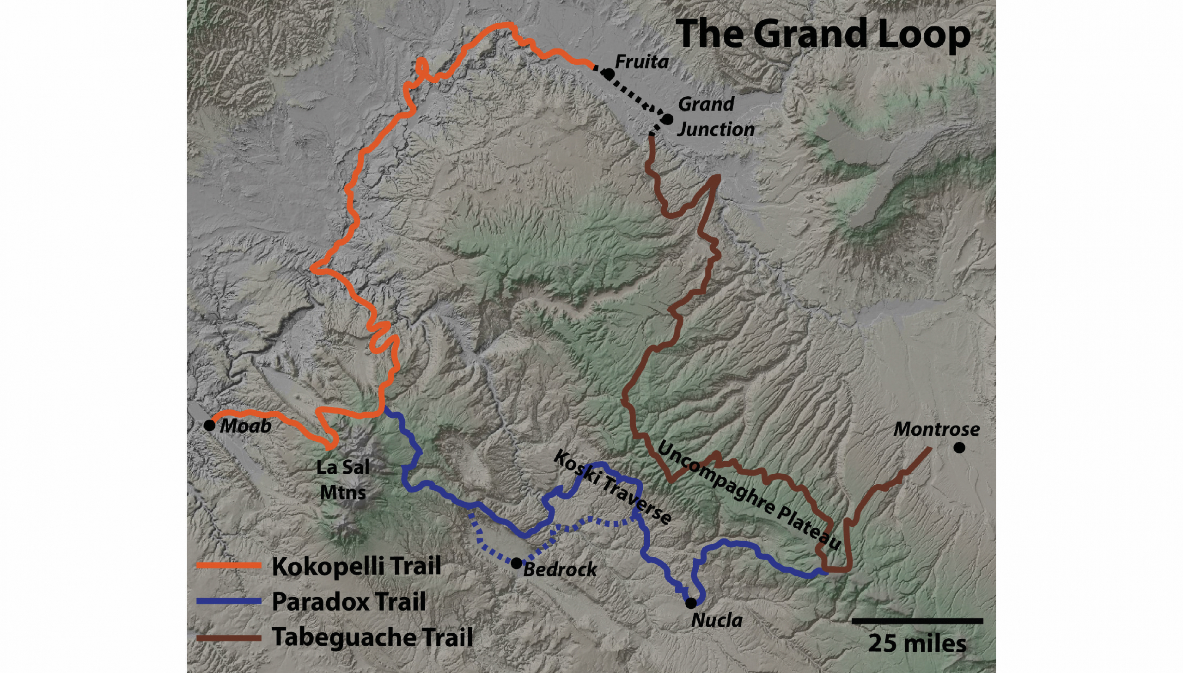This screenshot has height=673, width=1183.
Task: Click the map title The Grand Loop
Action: pyautogui.click(x=824, y=34)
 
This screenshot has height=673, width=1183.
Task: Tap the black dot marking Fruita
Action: pyautogui.click(x=609, y=74)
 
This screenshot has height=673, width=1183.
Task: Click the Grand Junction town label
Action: pyautogui.click(x=715, y=117)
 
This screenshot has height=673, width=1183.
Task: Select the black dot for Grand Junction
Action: pyautogui.click(x=667, y=119)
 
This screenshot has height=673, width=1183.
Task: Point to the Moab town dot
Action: pyautogui.click(x=209, y=425)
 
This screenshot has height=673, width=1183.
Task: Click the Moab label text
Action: pyautogui.click(x=245, y=426)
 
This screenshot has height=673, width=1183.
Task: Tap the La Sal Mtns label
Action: pyautogui.click(x=343, y=480)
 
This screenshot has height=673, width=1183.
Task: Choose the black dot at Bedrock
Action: pyautogui.click(x=516, y=563)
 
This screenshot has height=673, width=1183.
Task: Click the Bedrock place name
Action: pyautogui.click(x=560, y=569)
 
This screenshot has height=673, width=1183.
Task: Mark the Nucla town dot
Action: pyautogui.click(x=690, y=603)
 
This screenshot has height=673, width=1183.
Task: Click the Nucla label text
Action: pyautogui.click(x=717, y=620)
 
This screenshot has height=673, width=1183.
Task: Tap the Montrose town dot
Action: pyautogui.click(x=959, y=447)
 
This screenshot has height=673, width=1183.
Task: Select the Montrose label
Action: pyautogui.click(x=936, y=429)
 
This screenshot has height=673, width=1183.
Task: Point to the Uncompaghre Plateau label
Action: pyautogui.click(x=747, y=495)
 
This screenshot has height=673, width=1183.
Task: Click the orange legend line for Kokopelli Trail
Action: pyautogui.click(x=229, y=565)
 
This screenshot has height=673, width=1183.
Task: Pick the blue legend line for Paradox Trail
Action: pyautogui.click(x=229, y=601)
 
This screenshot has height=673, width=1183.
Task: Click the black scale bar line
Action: pyautogui.click(x=917, y=620)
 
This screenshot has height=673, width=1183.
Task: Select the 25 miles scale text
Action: pyautogui.click(x=917, y=643)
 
